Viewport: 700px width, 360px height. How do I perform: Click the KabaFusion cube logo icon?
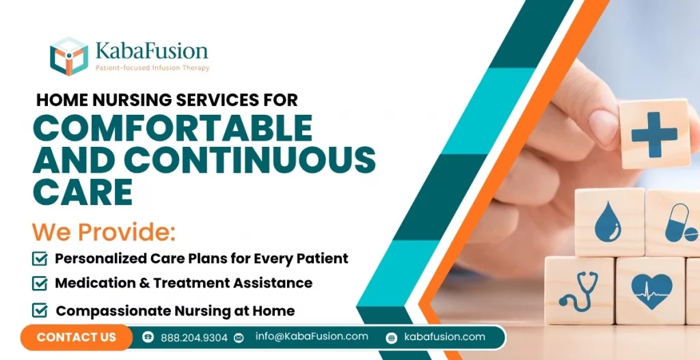[69, 55]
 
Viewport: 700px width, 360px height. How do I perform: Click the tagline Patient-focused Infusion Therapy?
[152, 68]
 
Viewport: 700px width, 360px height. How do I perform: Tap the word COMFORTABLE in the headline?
[173, 128]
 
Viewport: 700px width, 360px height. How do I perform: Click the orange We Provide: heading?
[104, 232]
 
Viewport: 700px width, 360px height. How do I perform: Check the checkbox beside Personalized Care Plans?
[40, 259]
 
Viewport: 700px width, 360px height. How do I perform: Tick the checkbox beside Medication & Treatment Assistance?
[40, 283]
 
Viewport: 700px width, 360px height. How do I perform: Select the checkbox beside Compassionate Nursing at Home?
[40, 311]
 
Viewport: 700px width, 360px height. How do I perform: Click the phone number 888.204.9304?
[194, 337]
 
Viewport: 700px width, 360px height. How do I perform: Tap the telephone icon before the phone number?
[148, 337]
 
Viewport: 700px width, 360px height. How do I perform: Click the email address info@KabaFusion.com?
[312, 336]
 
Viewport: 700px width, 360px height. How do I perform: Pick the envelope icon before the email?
[239, 337]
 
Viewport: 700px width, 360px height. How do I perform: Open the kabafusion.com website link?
[444, 336]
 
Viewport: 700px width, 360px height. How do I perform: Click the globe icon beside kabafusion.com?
[391, 337]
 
